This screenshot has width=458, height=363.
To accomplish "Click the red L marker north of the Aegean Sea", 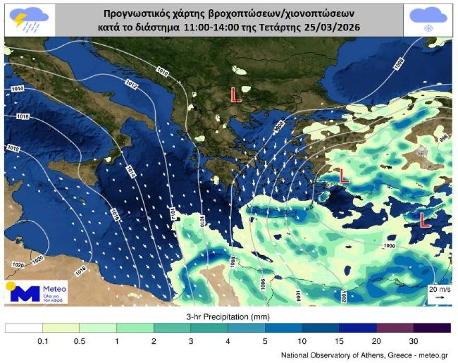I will tap(236, 95).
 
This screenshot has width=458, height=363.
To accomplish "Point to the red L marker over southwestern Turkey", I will tap(344, 176).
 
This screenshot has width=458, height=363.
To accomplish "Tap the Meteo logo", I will tap(36, 292).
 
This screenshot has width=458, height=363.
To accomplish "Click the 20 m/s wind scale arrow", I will tap(440, 296).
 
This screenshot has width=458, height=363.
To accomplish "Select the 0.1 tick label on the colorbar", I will tap(42, 341).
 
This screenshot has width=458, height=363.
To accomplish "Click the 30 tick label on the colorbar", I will tap(414, 341).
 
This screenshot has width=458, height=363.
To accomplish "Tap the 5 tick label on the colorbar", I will tap(265, 341).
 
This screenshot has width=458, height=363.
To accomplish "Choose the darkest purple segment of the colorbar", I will tap(432, 328).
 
